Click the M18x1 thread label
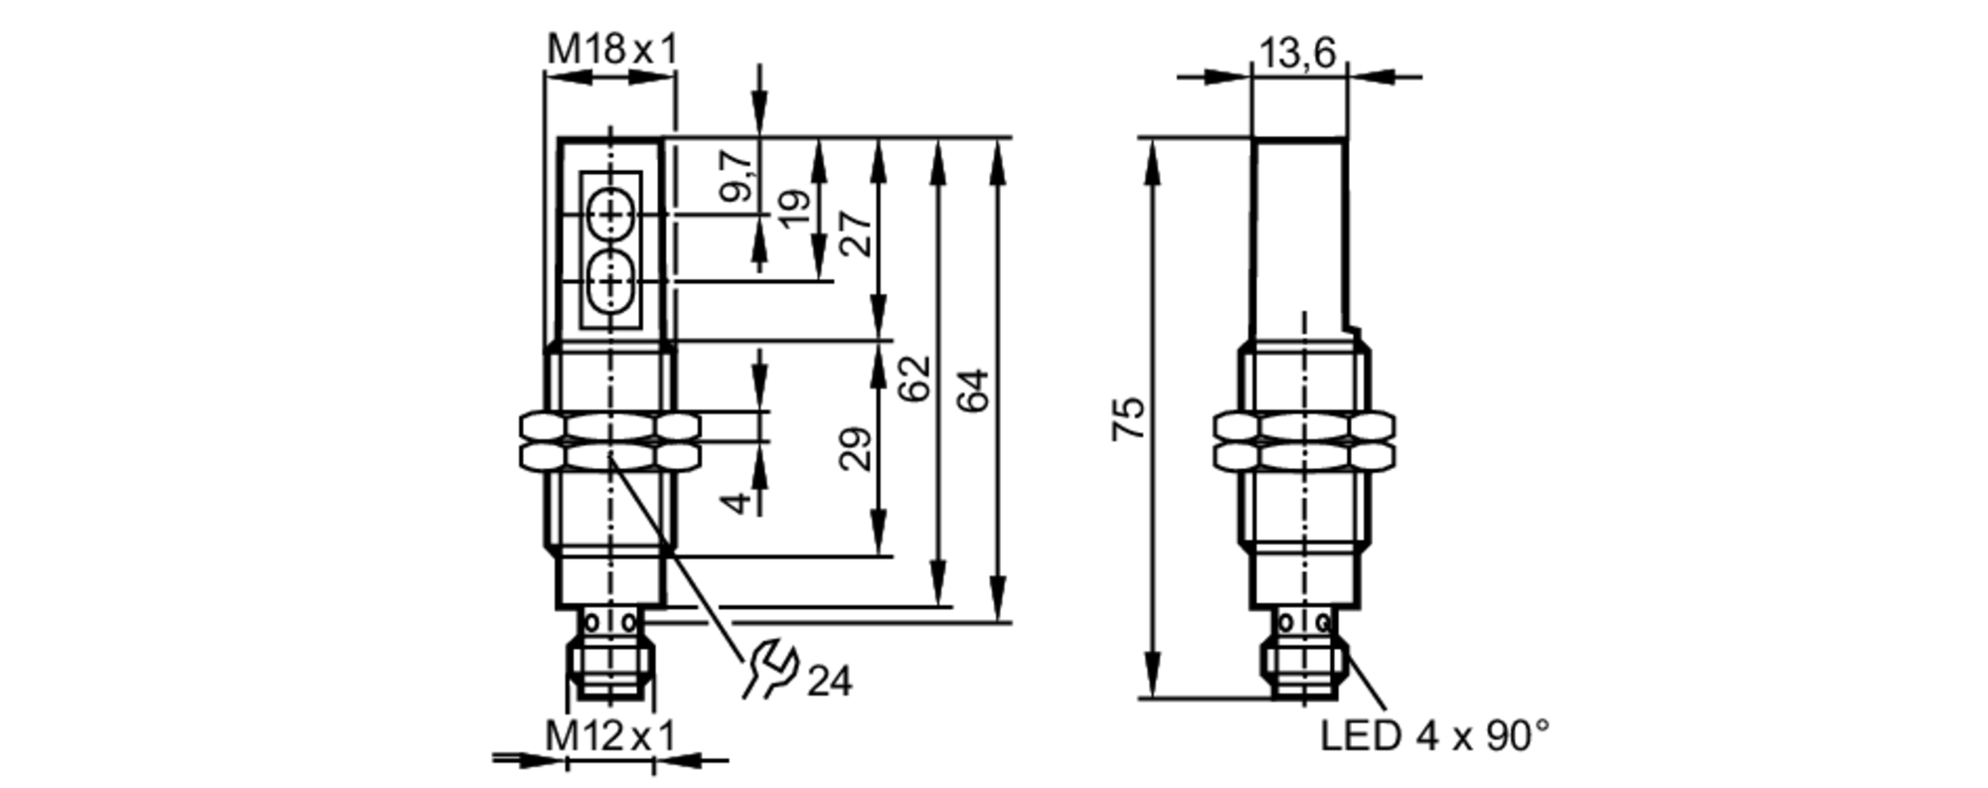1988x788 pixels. point(610,49)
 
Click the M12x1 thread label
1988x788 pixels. point(610,736)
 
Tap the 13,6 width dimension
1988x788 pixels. point(1297,53)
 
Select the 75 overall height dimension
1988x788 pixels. point(1129,418)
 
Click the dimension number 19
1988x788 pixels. point(794,208)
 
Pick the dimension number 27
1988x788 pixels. point(855,234)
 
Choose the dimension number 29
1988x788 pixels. point(855,448)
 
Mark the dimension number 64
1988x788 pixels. point(973,390)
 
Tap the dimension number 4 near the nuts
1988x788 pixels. point(737,503)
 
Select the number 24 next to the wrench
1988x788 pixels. point(829,682)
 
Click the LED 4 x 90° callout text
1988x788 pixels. point(1433,736)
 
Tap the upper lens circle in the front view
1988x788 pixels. point(609,214)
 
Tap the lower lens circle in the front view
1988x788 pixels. point(609,281)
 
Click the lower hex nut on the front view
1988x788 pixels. point(609,456)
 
